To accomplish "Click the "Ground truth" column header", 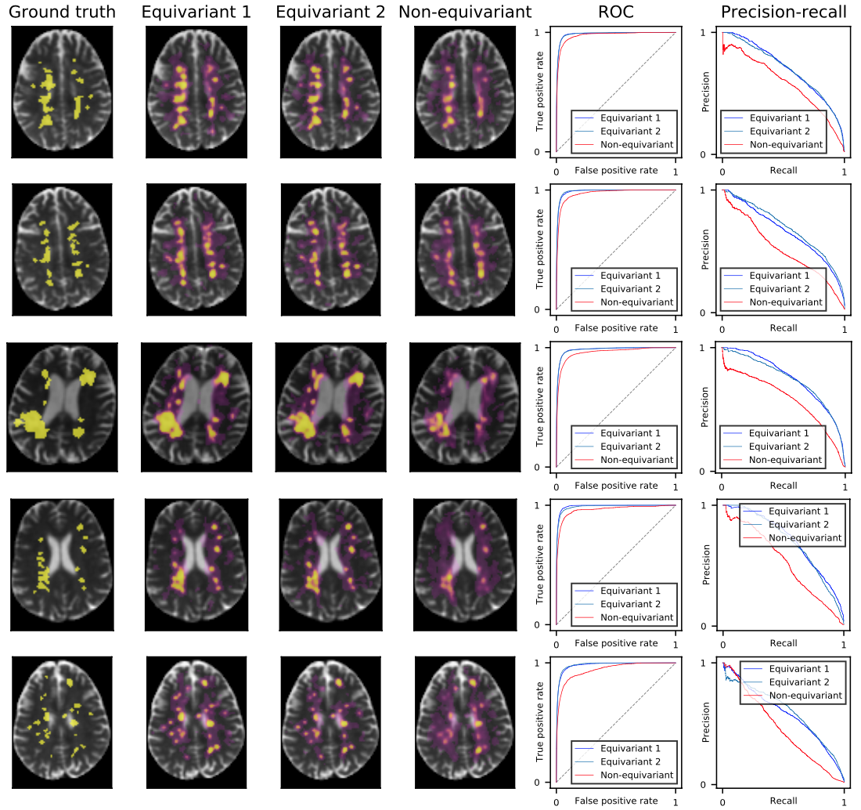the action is point(62,12).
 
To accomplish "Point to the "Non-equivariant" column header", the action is point(465,12).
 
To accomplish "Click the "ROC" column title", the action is point(615,12).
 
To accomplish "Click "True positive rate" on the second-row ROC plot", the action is point(540,249).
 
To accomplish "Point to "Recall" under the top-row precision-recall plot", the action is point(783,170).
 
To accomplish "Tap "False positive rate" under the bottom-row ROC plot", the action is point(616,800).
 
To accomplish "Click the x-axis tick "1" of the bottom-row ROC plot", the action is point(675,802).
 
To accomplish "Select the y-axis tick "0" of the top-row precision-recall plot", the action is point(713,154).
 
